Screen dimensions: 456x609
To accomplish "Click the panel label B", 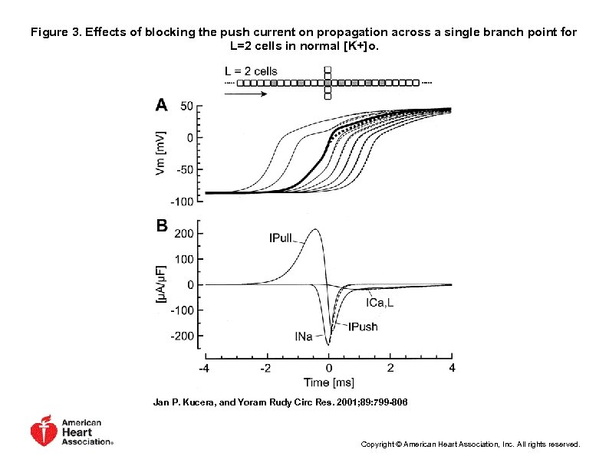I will point(162,226).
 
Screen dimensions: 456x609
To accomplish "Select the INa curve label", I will point(304,336).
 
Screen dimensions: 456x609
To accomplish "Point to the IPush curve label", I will point(363,326).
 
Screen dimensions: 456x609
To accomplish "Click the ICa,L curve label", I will point(380,303).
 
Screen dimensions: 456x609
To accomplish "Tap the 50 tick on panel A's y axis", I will point(186,106).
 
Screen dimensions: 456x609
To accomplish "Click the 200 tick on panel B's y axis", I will point(184,233).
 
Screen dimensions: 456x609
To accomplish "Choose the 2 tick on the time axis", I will point(390,368).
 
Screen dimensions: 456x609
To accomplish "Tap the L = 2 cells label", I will point(251,71).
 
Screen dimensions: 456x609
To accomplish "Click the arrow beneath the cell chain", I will point(246,94).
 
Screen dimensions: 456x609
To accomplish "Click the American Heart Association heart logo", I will point(44,431).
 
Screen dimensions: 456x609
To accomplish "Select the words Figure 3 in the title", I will point(56,32).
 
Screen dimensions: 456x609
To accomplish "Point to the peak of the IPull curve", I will point(315,229).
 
